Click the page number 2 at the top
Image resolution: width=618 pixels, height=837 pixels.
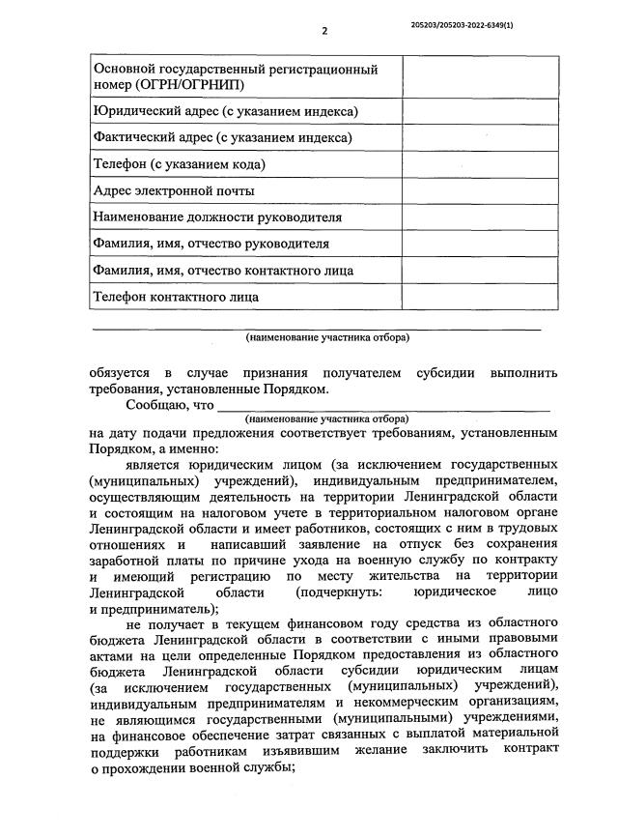coord(324,31)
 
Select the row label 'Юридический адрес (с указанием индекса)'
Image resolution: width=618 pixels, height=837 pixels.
coord(225,112)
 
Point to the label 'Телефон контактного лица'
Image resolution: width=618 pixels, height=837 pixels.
coord(176,297)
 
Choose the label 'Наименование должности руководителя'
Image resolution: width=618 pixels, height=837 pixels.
coord(217,217)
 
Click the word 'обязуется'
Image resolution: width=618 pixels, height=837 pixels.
coord(119,373)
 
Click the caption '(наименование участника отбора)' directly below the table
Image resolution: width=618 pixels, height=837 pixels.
coord(326,338)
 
